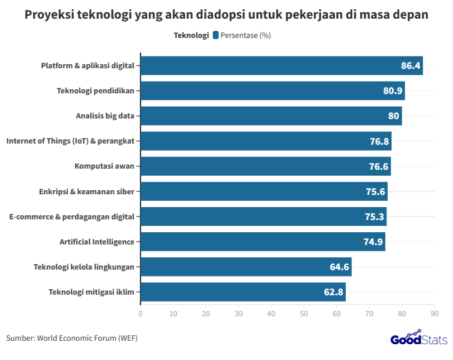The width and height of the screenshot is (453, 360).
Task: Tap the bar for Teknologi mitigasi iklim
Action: (243, 292)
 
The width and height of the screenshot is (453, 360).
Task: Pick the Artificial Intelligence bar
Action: (262, 242)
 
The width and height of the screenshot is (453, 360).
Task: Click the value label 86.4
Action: (410, 66)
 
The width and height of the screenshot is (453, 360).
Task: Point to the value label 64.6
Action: (339, 267)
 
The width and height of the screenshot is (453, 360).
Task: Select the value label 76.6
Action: (378, 166)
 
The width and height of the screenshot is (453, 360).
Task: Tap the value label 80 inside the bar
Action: (394, 116)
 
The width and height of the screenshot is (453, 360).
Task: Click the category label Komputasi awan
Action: (104, 166)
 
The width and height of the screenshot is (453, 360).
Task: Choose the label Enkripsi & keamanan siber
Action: (86, 191)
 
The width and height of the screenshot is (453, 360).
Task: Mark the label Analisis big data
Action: (105, 116)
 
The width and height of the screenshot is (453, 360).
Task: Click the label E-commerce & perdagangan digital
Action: (72, 216)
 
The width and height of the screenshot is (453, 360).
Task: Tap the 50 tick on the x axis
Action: (304, 314)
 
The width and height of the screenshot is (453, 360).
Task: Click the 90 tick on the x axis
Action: (434, 314)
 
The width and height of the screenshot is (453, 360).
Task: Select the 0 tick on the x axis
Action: (141, 314)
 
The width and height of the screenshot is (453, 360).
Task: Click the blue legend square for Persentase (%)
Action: (216, 35)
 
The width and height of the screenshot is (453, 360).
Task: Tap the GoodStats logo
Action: (419, 339)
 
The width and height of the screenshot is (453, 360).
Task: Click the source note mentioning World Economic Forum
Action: (72, 338)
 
